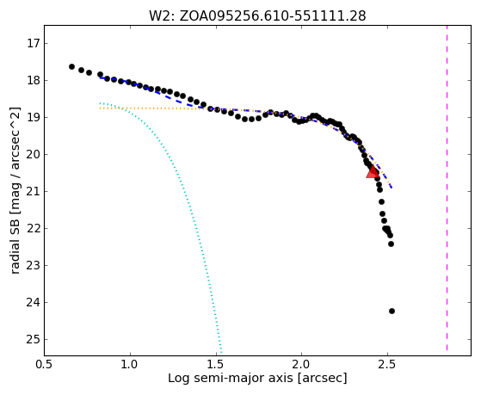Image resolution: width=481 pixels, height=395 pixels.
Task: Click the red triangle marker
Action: [x=373, y=172]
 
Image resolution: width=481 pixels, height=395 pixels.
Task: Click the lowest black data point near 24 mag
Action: [x=392, y=312]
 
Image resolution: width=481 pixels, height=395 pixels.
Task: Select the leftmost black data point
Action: [x=71, y=66]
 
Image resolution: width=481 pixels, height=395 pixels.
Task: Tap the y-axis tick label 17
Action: [x=34, y=43]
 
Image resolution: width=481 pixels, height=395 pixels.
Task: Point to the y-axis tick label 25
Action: [x=34, y=339]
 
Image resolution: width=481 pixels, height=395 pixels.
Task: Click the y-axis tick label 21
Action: [x=34, y=192]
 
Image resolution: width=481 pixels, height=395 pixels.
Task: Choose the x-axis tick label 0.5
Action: [x=45, y=365]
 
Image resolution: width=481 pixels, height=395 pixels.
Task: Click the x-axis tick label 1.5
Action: [x=216, y=365]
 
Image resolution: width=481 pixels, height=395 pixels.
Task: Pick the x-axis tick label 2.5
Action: [x=387, y=365]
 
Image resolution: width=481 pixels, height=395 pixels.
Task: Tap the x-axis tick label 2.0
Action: [x=301, y=365]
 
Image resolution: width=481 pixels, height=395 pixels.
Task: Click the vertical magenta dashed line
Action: [x=447, y=188]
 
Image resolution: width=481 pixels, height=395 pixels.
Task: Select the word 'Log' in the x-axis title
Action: [x=176, y=378]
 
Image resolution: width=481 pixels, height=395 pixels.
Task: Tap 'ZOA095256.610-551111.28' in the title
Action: [x=273, y=16]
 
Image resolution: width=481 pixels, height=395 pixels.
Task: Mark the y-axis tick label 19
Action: [x=34, y=118]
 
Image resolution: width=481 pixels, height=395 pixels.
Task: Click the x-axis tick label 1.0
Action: [x=131, y=365]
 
